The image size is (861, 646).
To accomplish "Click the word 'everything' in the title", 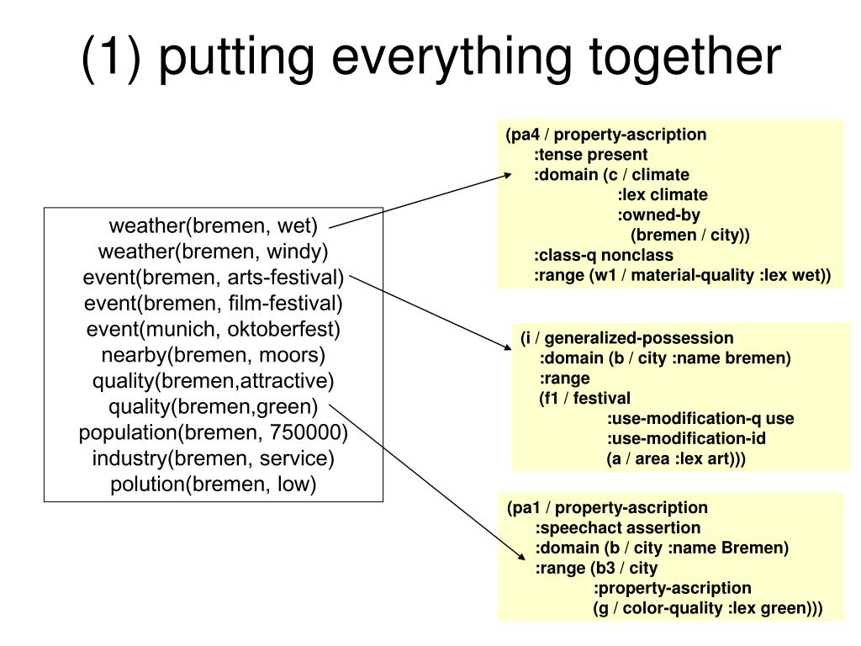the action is pos(452,58).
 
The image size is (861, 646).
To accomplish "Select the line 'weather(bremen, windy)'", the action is pos(213,252).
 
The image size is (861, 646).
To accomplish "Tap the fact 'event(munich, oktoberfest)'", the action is pos(213,329).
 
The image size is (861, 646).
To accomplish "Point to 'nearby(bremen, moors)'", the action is pos(213,355).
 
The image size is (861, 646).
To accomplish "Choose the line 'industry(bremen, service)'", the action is pos(213,458).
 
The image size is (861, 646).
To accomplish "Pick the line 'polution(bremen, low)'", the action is pos(213,484).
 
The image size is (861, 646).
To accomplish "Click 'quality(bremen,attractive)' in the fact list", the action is pos(213,381).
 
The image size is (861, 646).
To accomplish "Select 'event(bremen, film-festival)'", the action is pos(213,303).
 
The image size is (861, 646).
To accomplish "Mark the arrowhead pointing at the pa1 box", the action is pos(521,557).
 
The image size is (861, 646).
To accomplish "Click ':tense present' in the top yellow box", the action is pos(591,155).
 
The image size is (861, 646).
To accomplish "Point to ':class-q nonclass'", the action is pos(604,255).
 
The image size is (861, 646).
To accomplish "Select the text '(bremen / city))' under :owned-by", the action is pos(689,236).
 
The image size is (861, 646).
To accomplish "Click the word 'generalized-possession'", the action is pos(639,338).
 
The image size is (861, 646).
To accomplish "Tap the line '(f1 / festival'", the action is pos(584,398).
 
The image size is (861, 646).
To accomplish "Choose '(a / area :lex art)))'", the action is pos(676,458).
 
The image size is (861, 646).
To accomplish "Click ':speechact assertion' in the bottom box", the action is pos(618,528).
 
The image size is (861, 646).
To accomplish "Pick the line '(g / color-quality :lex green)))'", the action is pos(707,609).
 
